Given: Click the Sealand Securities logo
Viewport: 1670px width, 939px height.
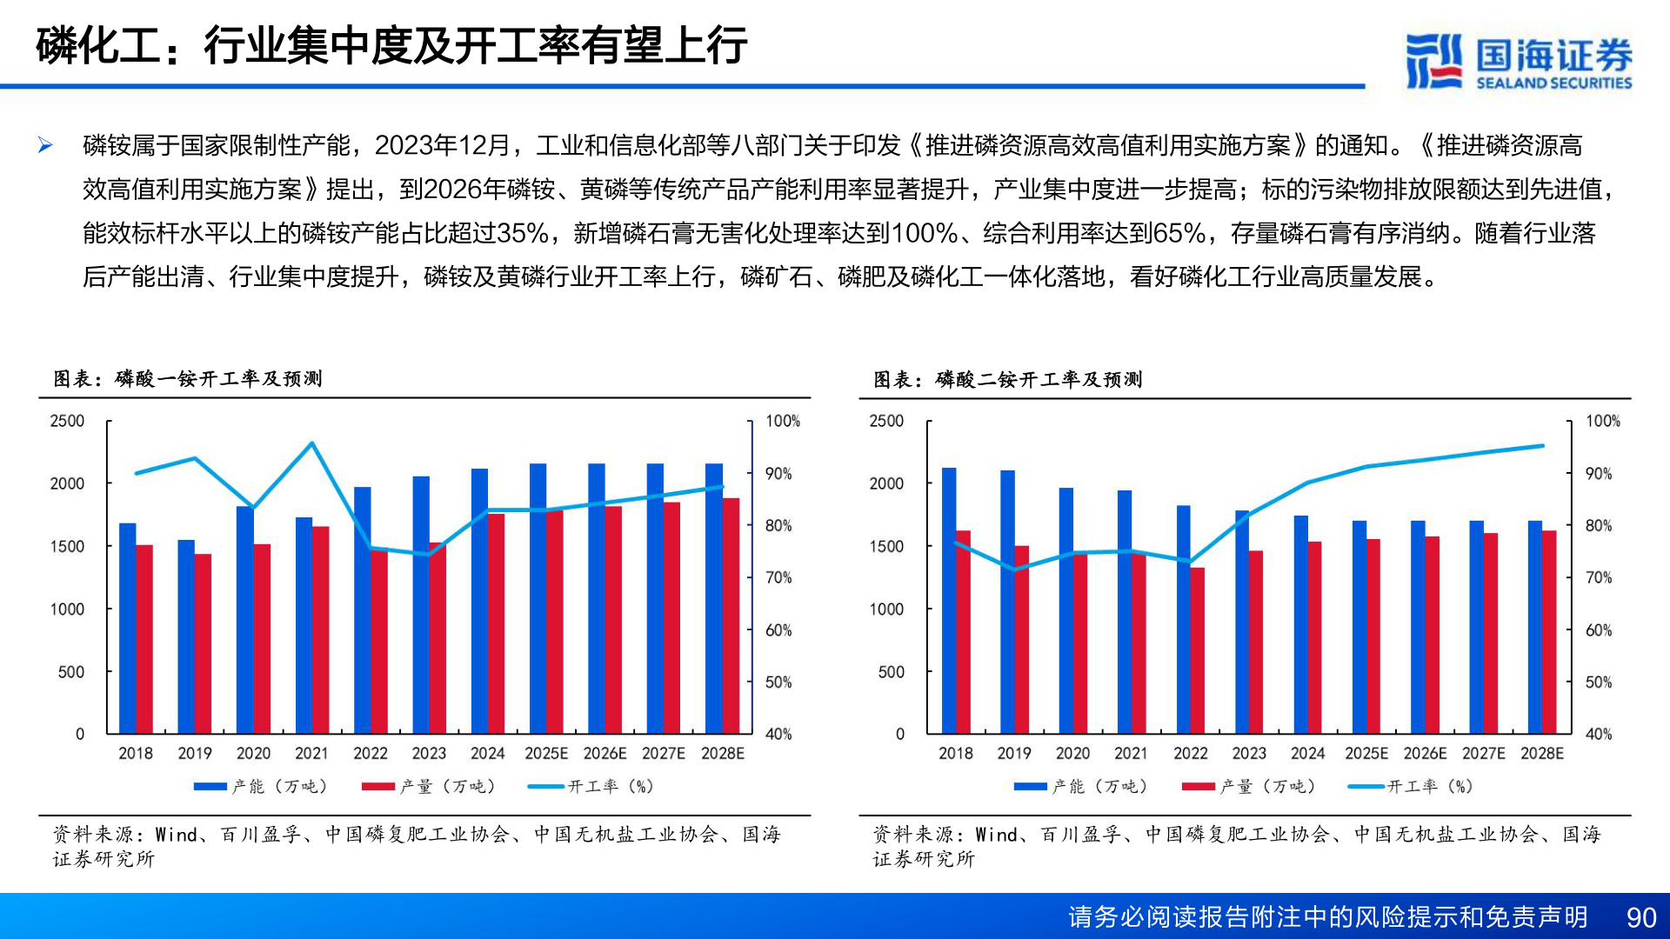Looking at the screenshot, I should (x=1518, y=61).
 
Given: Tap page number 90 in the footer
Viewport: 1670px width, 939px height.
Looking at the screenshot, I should (x=1640, y=917).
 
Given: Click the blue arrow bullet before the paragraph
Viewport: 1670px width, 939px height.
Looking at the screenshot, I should (x=45, y=145).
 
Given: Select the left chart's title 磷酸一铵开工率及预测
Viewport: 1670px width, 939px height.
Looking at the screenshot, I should (x=218, y=378).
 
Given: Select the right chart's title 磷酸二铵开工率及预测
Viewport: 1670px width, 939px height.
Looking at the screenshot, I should (x=1039, y=379).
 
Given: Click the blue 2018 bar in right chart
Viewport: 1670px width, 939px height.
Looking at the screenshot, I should (x=948, y=600).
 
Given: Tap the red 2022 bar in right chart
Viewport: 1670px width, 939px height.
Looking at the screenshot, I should (x=1198, y=650).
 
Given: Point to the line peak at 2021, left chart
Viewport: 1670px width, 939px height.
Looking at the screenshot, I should (x=312, y=443).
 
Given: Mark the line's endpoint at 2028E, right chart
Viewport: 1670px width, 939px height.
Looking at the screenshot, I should (x=1542, y=446).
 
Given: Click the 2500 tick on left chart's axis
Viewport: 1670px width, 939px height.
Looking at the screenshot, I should (x=67, y=421).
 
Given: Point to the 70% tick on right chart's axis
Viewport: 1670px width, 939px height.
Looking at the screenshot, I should (x=1598, y=577).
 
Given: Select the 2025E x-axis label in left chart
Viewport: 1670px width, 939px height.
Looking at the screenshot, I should (x=545, y=753).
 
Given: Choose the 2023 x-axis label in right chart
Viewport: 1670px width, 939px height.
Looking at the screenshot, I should (x=1248, y=753).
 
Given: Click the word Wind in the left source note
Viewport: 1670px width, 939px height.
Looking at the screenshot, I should (x=177, y=835).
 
